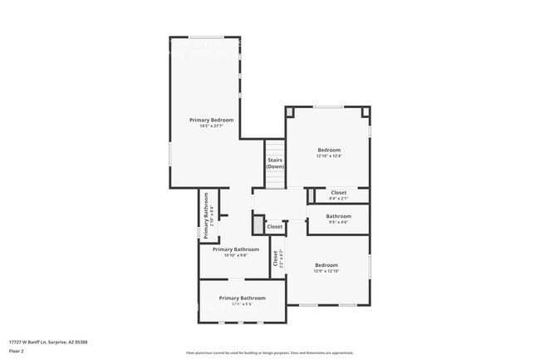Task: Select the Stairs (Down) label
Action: pos(275,163)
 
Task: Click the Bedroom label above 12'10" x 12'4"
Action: pos(329,150)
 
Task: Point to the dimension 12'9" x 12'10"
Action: pos(326,271)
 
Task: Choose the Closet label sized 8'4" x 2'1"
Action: pos(338,192)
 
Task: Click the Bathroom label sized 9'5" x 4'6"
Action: pos(338,216)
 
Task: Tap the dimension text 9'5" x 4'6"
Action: pos(338,222)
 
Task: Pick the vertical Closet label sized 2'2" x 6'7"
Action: pos(276,259)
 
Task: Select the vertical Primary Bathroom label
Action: pos(204,216)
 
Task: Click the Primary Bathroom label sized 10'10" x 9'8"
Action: pos(236,249)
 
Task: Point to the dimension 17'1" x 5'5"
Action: pos(242,304)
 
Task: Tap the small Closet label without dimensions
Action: pos(274,226)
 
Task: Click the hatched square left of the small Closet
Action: pos(258,225)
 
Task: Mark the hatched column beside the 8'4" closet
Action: pos(310,195)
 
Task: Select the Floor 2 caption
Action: pos(16,351)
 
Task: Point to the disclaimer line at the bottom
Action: pos(269,353)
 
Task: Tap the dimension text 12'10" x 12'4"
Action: pos(329,156)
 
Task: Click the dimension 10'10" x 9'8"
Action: pos(236,255)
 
